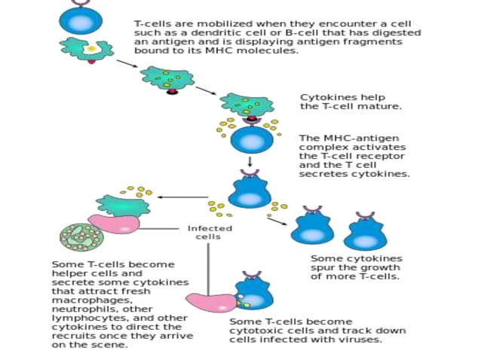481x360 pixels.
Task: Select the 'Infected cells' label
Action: pyautogui.click(x=210, y=232)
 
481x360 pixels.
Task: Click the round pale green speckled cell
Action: pyautogui.click(x=81, y=235)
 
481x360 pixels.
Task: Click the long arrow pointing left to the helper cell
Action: pyautogui.click(x=182, y=197)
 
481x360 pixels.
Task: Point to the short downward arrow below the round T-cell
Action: pyautogui.click(x=250, y=162)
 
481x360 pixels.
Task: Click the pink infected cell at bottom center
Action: pyautogui.click(x=211, y=302)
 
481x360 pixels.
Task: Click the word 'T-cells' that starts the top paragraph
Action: pyautogui.click(x=150, y=24)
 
